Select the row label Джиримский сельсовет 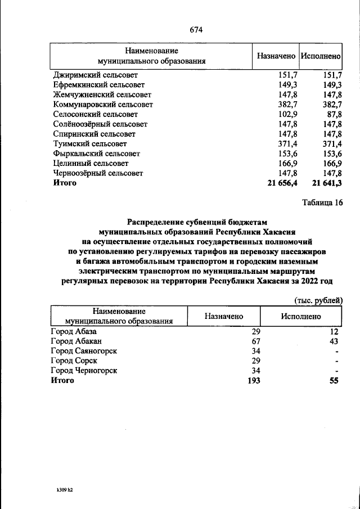95,75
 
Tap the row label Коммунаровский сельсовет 102,105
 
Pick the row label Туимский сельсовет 90,144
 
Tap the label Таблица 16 322,203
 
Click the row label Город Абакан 76,341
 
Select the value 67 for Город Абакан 255,341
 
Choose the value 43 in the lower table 334,341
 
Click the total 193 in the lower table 253,380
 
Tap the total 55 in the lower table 334,380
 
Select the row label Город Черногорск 84,371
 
